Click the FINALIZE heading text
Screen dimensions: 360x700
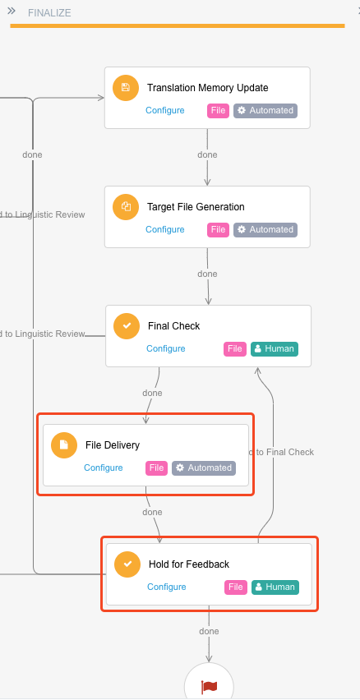click(49, 13)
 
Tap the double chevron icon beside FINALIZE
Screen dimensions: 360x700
click(12, 12)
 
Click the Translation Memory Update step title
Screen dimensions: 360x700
click(208, 87)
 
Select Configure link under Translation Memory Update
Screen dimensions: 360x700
click(165, 110)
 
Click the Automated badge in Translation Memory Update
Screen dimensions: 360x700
click(265, 111)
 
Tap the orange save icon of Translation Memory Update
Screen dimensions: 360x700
click(126, 88)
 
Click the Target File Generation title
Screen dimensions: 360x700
click(196, 207)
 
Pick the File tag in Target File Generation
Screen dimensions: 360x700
click(218, 229)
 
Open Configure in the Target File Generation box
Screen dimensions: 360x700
click(165, 229)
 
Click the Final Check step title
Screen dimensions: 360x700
click(174, 326)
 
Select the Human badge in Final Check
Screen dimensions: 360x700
click(275, 348)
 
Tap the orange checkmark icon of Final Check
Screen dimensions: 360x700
click(127, 326)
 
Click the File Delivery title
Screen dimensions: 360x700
click(113, 445)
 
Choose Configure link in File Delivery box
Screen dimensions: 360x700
click(104, 467)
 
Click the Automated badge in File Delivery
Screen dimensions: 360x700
click(204, 467)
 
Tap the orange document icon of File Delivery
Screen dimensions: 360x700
click(64, 445)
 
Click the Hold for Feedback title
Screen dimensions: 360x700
click(189, 564)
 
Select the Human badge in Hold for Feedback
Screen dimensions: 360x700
click(275, 587)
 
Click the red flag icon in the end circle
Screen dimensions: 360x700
click(209, 687)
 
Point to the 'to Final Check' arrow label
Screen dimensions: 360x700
click(281, 452)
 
